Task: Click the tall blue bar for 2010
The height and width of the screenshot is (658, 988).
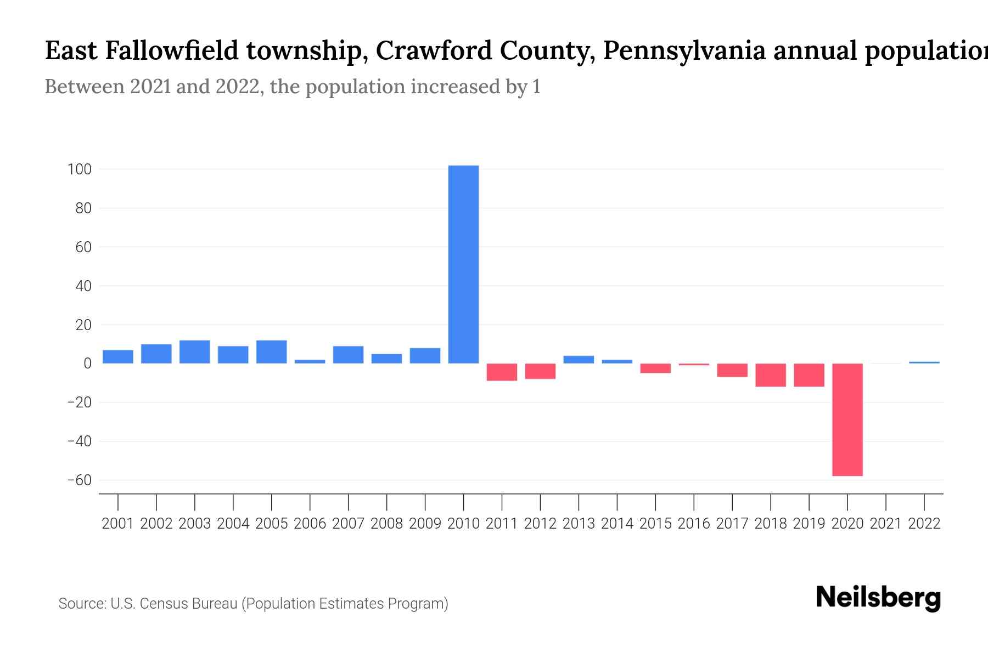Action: tap(463, 264)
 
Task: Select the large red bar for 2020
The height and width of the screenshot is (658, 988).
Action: tap(847, 419)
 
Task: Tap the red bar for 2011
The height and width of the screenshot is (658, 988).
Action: tap(502, 372)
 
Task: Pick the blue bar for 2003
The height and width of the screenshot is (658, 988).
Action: tap(194, 352)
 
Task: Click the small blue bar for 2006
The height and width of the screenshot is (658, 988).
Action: tap(310, 361)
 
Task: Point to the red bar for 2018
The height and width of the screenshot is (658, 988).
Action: tap(770, 375)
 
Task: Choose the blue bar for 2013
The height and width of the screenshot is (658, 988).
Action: tap(579, 360)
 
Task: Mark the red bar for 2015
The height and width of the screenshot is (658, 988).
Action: tap(655, 368)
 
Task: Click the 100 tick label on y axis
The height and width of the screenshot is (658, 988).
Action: tap(79, 169)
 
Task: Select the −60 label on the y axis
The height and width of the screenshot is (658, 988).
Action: tap(79, 480)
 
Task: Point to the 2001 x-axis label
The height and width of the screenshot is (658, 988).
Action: tap(118, 524)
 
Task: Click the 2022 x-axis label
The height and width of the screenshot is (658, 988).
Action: tap(924, 524)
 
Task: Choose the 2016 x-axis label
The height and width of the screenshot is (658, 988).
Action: tap(694, 524)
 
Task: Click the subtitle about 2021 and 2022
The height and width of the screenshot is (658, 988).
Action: tap(293, 87)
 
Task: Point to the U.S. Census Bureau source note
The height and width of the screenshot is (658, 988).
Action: tap(253, 604)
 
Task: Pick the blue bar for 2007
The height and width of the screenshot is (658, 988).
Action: tap(348, 355)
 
